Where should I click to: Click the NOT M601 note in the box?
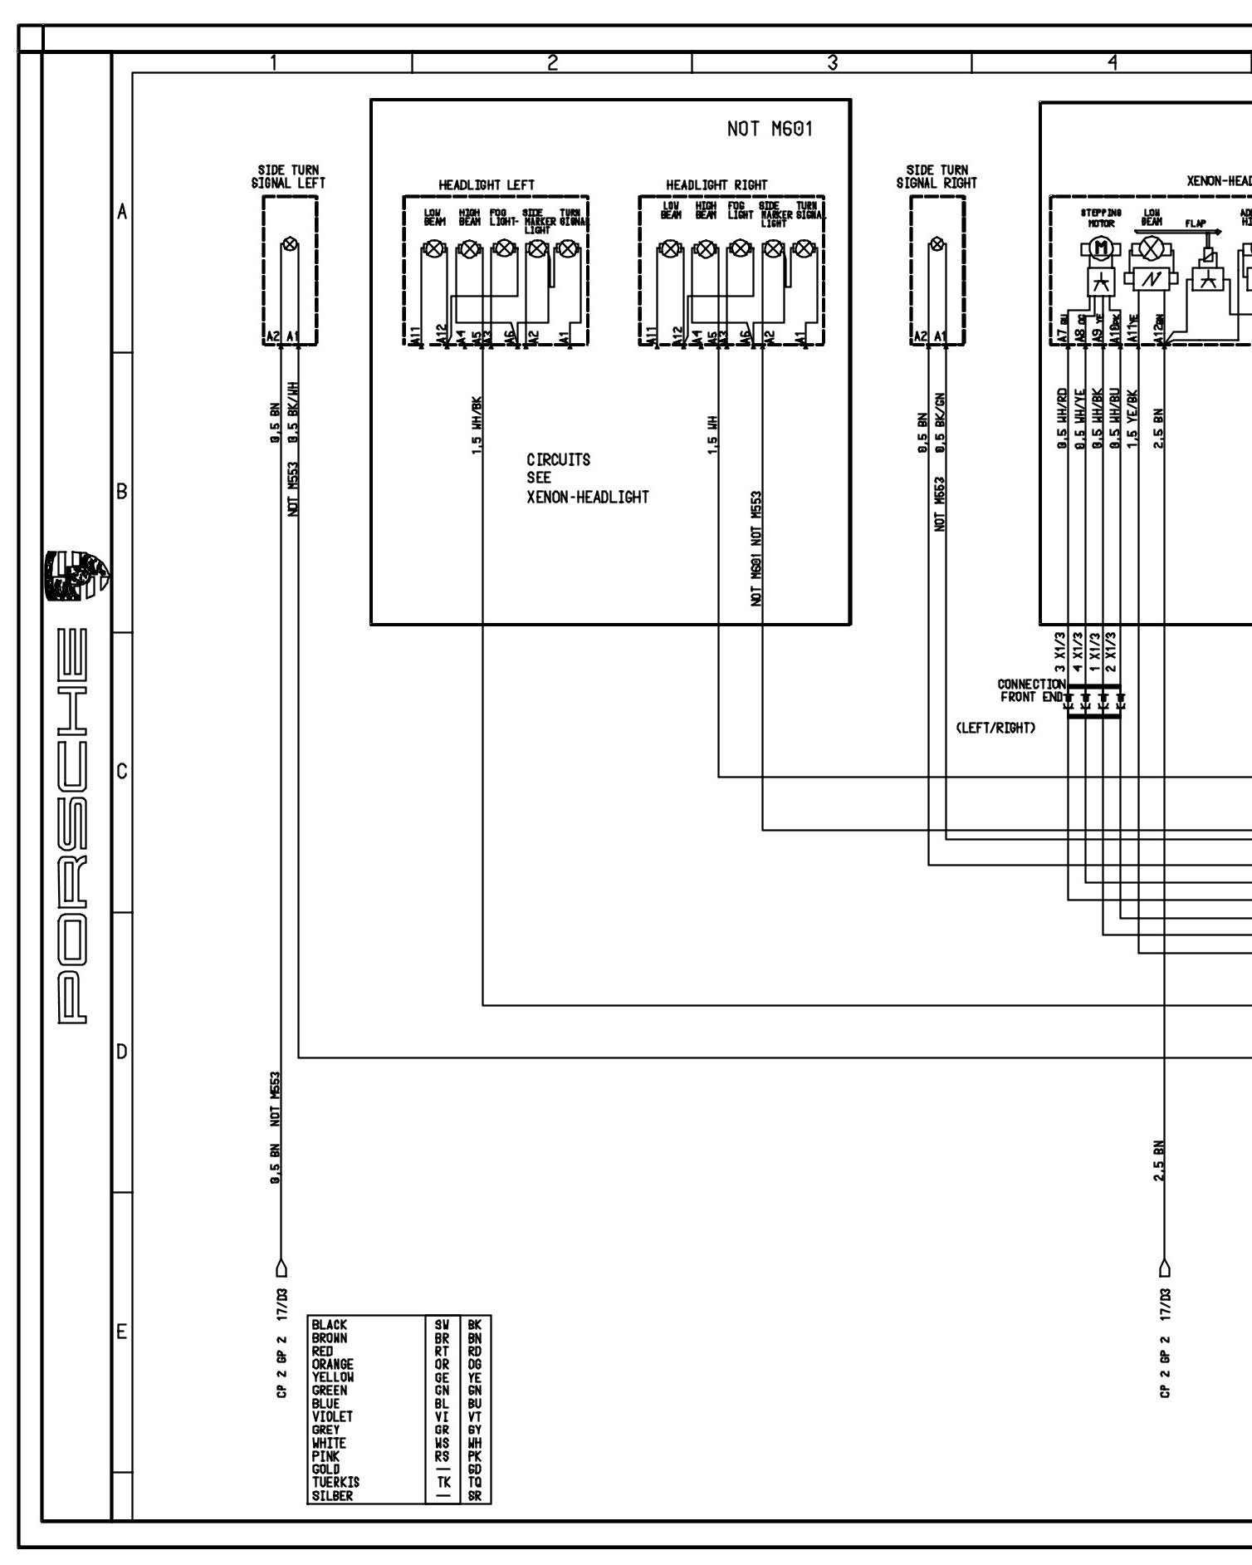[770, 129]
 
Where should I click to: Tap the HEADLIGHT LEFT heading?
[487, 184]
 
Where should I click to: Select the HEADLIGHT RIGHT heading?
[716, 184]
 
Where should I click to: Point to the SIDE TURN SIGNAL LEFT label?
[288, 176]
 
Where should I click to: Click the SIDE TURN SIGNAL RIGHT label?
[937, 176]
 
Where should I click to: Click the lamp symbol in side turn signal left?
[290, 244]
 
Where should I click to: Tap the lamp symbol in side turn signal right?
[937, 244]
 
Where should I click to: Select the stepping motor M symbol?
[1102, 248]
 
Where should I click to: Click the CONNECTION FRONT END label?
[1031, 690]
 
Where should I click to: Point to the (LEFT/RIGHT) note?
[995, 728]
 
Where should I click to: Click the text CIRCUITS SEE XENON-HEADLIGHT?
[587, 478]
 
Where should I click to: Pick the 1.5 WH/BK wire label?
[477, 429]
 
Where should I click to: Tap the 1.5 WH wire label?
[712, 434]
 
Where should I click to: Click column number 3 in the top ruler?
[832, 62]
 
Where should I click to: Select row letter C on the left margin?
[122, 772]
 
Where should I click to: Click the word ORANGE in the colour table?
[333, 1364]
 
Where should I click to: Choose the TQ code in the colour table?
[475, 1482]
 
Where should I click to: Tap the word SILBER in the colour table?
[332, 1495]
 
